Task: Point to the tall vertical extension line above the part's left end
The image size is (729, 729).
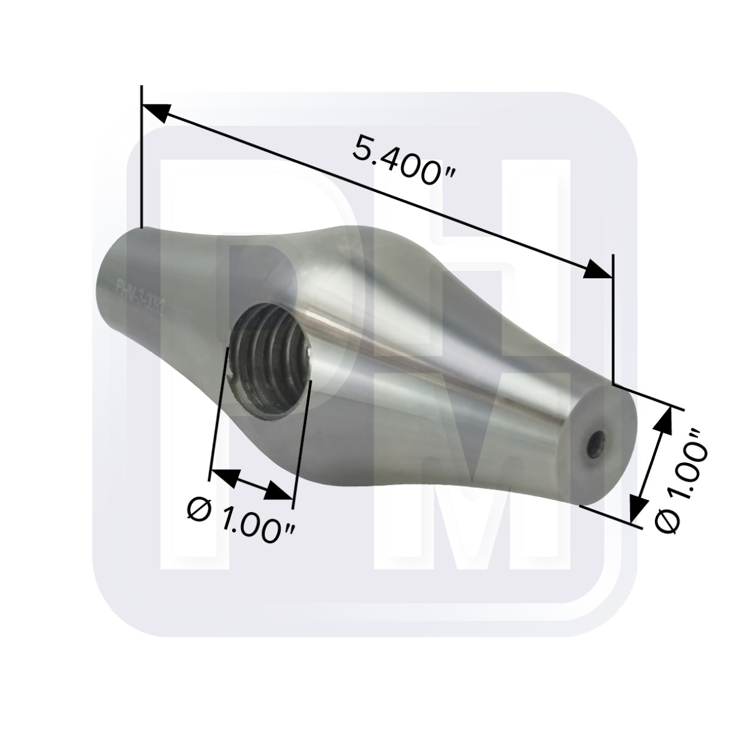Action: [142, 158]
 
